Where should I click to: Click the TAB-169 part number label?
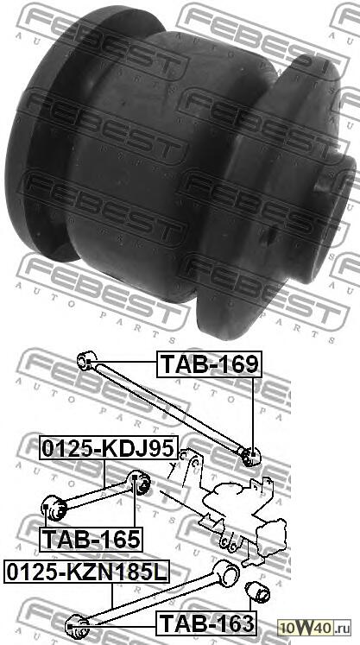tap(207, 364)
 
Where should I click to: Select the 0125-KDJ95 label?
tap(107, 449)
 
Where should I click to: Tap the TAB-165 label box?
tap(90, 540)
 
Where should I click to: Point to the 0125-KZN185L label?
tap(87, 572)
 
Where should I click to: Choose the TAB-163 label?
tap(205, 622)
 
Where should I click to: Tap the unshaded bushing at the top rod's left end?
tap(85, 359)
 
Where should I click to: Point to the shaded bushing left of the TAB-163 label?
tap(77, 622)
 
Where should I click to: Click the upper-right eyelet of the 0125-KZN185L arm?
tap(229, 571)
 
